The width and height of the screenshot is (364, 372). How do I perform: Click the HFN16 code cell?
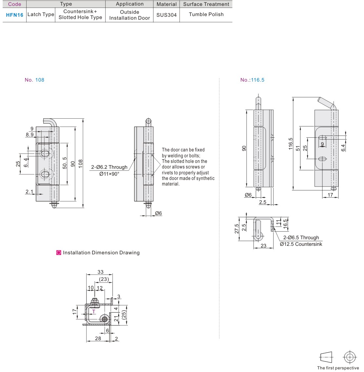coord(14,15)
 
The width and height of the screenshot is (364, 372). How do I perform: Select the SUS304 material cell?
coord(167,15)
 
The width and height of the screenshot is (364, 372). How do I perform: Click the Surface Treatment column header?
coord(206,4)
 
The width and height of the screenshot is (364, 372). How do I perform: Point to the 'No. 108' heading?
coord(34,80)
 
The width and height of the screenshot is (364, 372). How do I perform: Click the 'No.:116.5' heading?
coord(252,80)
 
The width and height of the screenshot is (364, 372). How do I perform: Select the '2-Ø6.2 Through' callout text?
coord(109,167)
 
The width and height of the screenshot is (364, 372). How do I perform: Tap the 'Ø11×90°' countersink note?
coord(109,174)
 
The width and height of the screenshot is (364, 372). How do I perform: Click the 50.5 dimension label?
coord(65,163)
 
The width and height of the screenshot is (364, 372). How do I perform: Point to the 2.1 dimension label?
coord(29,191)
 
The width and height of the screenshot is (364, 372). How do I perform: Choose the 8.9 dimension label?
coord(30,134)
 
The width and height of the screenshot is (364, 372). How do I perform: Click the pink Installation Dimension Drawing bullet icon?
coord(59,253)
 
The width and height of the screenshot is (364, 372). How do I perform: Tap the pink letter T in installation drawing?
coord(93,311)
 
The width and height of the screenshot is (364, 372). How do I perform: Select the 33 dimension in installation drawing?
coord(100,272)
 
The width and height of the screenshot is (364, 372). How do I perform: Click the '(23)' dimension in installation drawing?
coord(104,279)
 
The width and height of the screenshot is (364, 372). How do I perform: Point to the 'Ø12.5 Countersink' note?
coord(301,244)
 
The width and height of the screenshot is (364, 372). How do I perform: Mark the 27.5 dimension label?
coord(237,229)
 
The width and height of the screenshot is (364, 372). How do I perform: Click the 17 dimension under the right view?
coord(330,195)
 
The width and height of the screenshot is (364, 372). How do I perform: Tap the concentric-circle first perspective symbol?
coord(350,357)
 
